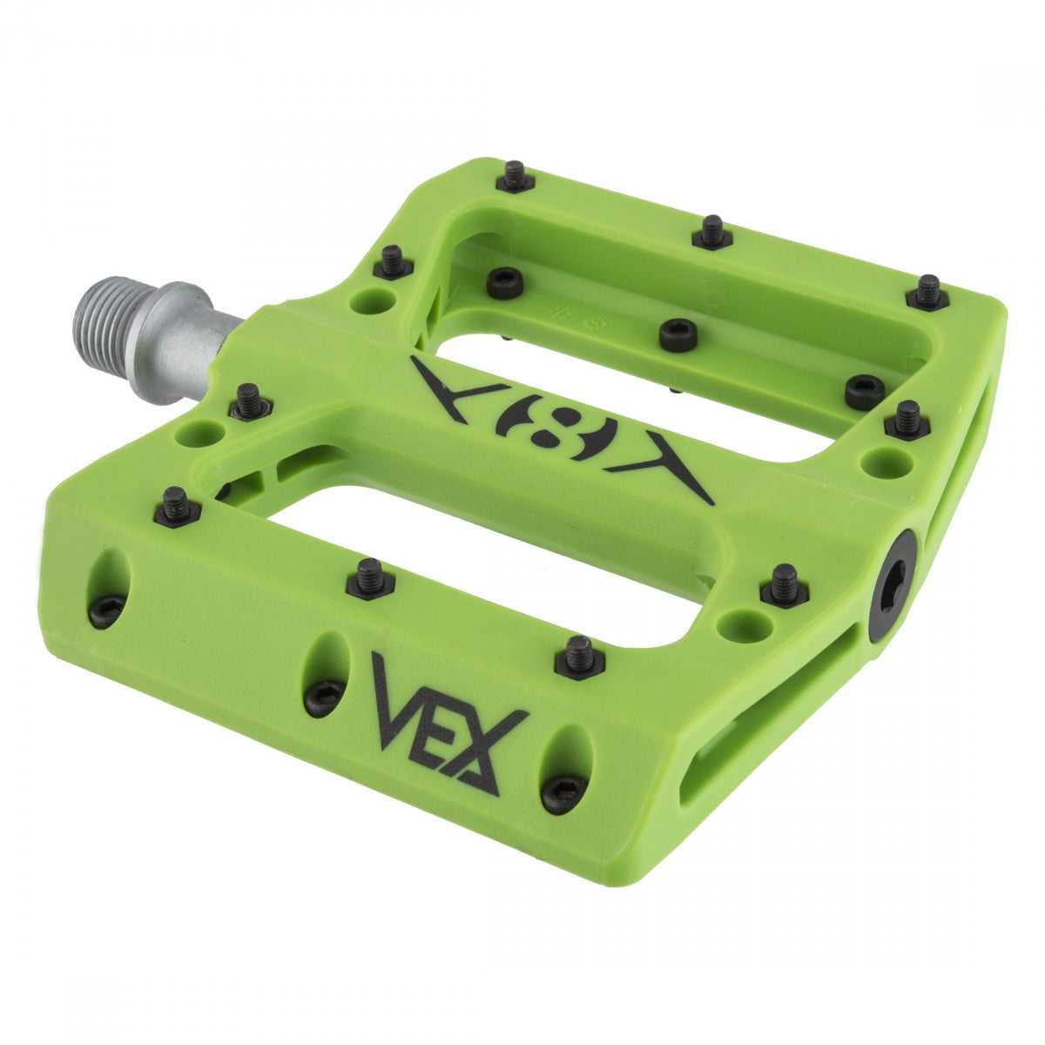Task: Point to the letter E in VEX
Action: coord(435,718)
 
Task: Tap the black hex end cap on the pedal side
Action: coord(891,586)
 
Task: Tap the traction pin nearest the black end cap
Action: coord(784,584)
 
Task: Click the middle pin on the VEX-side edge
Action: coord(371,578)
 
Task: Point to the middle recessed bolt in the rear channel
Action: coord(678,334)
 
